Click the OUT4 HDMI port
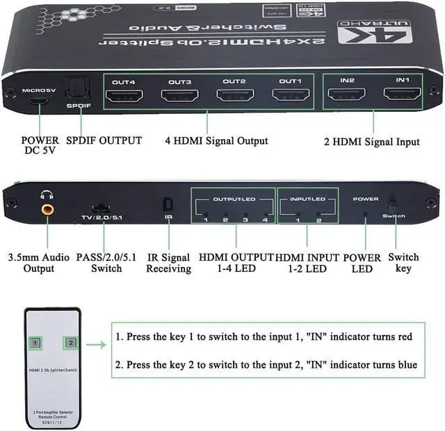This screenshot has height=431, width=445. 125,95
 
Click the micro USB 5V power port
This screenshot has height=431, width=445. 39,101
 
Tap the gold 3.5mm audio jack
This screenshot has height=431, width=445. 48,208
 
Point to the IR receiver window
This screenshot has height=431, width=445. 168,205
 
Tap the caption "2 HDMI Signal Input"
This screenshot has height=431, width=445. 371,141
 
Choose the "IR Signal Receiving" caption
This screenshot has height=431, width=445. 168,263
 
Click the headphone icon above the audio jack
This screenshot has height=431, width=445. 47,195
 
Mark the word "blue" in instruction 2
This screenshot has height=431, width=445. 405,365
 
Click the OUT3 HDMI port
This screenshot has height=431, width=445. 180,95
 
